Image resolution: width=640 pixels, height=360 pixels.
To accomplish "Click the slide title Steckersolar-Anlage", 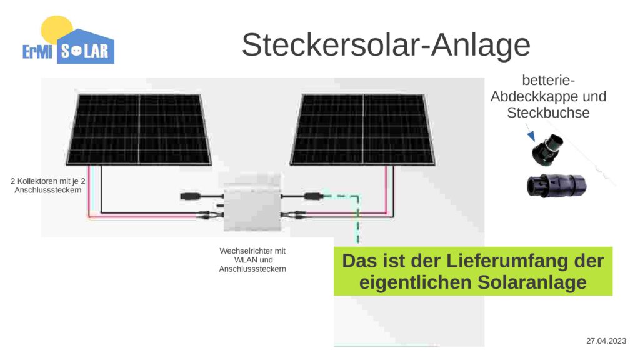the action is [386, 44].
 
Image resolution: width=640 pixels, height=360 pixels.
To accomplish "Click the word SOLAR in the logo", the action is [85, 51].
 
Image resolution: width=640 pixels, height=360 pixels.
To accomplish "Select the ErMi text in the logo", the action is [37, 52].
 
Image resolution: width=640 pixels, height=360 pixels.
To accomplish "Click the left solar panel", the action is [139, 129].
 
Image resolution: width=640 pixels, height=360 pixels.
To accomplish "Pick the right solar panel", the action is [362, 129].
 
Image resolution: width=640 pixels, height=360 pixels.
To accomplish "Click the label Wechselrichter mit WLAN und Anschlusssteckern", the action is [252, 260].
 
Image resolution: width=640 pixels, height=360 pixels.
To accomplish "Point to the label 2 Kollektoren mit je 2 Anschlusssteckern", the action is [48, 185].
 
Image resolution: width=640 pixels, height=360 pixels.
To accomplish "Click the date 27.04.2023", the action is [606, 341].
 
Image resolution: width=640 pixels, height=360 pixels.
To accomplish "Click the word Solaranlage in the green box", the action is [532, 282].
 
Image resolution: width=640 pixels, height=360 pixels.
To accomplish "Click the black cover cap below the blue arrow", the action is [547, 150].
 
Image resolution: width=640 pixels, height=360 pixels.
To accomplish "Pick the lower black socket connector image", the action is [557, 186].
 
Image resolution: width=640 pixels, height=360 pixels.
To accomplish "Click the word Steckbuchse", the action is [548, 112].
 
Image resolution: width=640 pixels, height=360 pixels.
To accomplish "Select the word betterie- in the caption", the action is [548, 80].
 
